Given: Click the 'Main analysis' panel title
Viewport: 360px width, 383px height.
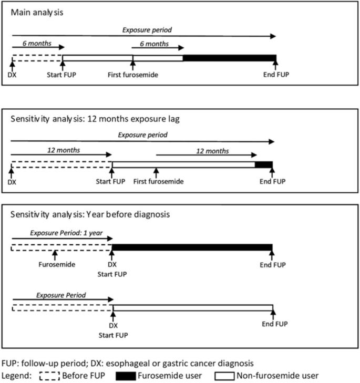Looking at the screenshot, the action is coord(37,13).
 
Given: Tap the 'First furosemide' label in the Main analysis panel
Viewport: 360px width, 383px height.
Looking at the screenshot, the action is coord(133,75).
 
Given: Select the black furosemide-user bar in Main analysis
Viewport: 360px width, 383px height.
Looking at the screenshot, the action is coord(230,58).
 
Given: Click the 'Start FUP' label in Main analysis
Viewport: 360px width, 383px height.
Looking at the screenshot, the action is coord(61,75).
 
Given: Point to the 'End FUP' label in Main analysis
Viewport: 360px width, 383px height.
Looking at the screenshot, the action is coord(276,75).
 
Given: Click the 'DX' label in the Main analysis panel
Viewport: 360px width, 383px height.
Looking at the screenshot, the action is coord(12,75).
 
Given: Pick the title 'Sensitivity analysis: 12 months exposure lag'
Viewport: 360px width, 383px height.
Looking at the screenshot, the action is coord(95,119).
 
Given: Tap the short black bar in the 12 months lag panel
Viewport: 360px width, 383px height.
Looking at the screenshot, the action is coord(264,164).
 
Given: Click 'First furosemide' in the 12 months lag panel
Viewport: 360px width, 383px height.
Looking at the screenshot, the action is coord(158,181).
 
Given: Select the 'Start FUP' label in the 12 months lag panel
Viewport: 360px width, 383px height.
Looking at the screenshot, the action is coord(110,181).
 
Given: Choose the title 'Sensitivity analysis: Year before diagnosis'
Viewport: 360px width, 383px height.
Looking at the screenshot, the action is coord(90,214).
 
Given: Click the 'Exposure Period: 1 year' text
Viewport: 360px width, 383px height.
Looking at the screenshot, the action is coord(66,233).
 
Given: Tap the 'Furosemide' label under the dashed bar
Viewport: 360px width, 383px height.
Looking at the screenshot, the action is coord(57,265).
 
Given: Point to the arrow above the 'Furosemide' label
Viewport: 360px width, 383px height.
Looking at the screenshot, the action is coord(55,255).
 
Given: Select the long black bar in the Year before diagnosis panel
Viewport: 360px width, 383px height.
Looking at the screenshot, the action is coord(192,247).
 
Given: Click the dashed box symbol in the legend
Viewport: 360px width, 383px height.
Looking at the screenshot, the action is coord(49,376).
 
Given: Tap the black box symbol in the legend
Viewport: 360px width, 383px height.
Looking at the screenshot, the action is coord(126,376).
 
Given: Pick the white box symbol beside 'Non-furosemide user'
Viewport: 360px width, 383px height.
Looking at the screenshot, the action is coord(224,376).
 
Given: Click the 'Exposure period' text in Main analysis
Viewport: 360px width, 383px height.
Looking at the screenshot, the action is coord(147,30).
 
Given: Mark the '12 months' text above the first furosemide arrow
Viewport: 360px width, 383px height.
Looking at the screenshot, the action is coord(213,151).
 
